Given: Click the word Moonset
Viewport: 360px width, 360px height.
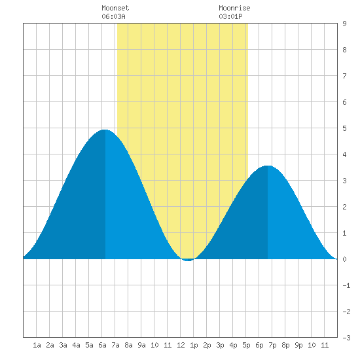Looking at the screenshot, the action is point(115,8).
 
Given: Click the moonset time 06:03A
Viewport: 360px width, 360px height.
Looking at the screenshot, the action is point(113,16).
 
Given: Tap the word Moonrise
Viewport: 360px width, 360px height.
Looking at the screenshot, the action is point(234,8).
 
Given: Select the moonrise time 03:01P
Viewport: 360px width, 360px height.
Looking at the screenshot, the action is point(230,16).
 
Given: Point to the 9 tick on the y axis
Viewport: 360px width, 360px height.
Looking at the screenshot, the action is point(344,24).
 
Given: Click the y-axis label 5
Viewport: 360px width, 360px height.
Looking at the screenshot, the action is point(344,128).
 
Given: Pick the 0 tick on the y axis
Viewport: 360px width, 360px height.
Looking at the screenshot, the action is point(344,259).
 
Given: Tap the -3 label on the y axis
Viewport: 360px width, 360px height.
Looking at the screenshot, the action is point(346,338).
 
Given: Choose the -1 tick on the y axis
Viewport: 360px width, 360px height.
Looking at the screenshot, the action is point(346,285).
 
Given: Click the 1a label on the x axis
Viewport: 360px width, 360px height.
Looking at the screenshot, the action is point(37,345).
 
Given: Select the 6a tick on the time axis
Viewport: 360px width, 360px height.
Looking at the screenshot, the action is point(102,345).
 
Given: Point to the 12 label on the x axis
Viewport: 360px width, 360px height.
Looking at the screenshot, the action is point(181,345).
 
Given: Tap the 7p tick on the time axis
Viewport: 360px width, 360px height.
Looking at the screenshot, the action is point(272,345).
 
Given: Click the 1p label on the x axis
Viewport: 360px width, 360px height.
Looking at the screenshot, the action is point(194,345).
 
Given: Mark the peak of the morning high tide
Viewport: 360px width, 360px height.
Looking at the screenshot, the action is point(105,130).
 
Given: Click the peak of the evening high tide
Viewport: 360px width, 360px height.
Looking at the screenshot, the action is point(268,166).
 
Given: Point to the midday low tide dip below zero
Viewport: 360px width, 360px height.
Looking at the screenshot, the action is point(188,260).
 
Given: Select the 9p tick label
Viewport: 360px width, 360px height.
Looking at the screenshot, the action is point(298,345).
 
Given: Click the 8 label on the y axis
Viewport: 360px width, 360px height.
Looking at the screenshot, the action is point(344,50).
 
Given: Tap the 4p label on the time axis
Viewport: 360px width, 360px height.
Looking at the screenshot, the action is point(233,345).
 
